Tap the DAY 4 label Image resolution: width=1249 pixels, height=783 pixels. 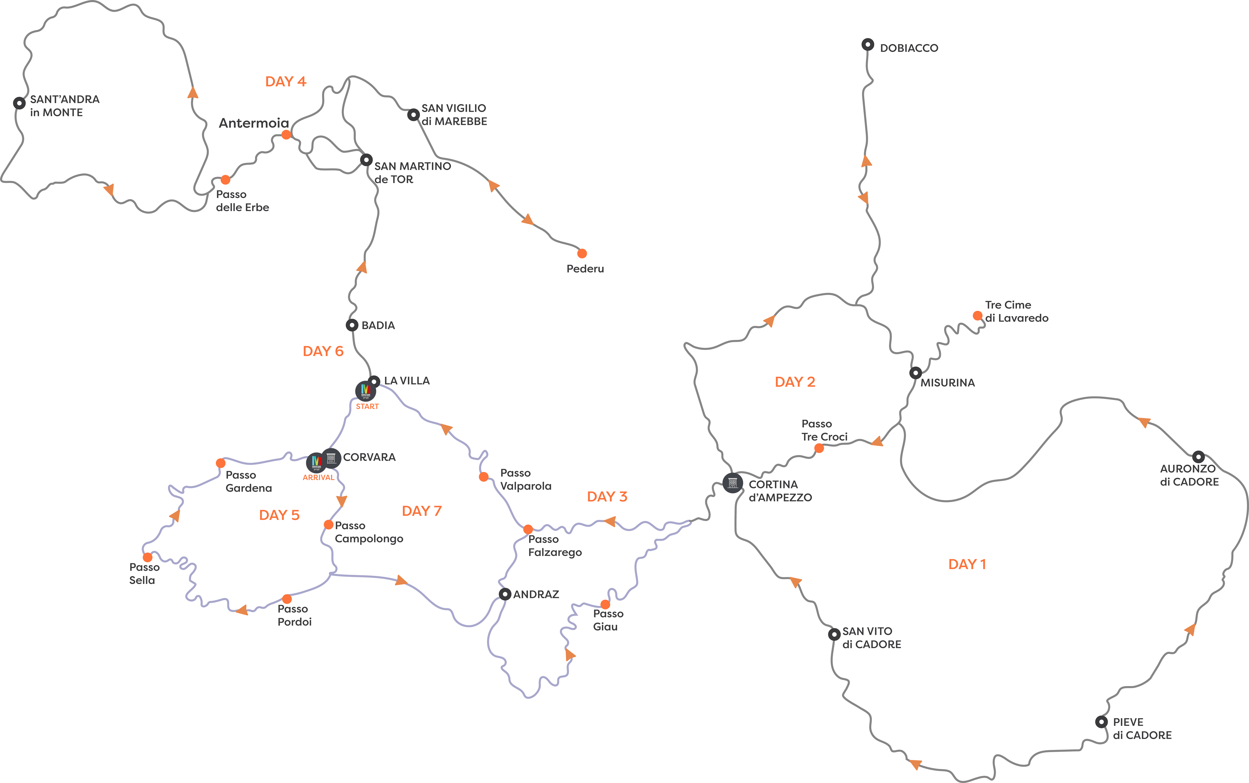coord(285,82)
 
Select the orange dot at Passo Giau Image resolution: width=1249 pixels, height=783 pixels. coord(605,604)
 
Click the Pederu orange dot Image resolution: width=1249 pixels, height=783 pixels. coord(582,253)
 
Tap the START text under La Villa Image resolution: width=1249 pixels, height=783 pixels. coord(367,407)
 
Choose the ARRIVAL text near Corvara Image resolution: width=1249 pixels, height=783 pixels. coord(318,477)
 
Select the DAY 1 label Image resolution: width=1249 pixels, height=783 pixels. coord(967,565)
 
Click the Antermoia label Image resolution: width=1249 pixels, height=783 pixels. coord(254,123)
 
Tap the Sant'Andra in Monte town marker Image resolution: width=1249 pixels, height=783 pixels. coord(19,103)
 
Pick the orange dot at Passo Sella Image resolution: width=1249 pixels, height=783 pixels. coord(148,557)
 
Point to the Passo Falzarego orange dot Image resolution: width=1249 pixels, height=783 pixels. coord(528,529)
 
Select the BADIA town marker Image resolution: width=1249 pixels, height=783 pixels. coord(352,325)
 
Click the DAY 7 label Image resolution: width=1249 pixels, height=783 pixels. coord(422,511)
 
